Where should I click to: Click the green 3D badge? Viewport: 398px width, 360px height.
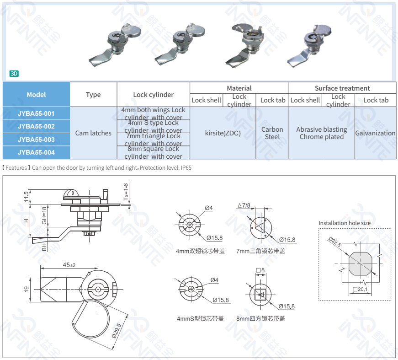pos(14,74)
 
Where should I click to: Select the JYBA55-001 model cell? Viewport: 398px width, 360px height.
pos(36,113)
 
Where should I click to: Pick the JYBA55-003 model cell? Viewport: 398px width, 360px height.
pos(36,140)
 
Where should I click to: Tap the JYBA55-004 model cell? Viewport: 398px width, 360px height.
pos(36,152)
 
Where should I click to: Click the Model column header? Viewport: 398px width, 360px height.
pos(36,95)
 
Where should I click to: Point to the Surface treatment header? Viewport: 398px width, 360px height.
pos(342,88)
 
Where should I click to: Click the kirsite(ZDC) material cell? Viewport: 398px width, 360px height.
pos(223,133)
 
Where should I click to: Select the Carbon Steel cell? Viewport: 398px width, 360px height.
pos(272,133)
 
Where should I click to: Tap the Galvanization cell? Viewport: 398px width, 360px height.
pos(376,133)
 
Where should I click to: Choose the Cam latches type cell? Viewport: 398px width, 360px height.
pos(93,133)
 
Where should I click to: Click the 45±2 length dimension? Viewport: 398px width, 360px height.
pos(69,265)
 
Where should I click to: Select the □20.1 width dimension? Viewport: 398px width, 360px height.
pos(361,289)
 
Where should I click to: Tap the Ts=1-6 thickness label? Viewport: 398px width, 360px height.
pos(126,192)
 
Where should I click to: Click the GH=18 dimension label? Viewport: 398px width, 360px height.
pos(44,215)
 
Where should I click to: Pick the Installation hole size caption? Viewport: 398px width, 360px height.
pos(345,223)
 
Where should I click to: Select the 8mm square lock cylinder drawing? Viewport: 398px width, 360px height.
pos(261,294)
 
